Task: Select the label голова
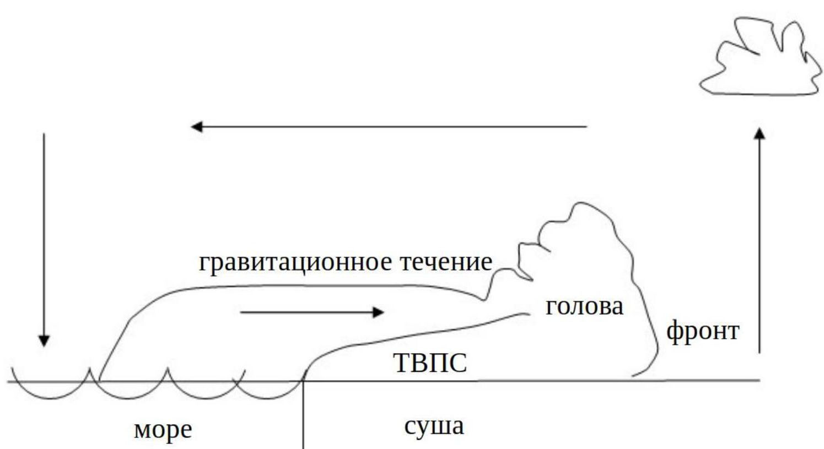coord(584,306)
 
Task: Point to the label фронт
coord(703,332)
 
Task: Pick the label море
coord(163,430)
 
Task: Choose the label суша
coord(434,426)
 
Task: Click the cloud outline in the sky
coord(761,61)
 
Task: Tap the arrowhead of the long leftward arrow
coord(196,127)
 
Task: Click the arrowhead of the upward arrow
coord(760,134)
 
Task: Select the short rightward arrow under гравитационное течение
coord(312,312)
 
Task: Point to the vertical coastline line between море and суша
coord(303,413)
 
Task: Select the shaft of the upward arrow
coord(760,242)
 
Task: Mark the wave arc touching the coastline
coord(270,392)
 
